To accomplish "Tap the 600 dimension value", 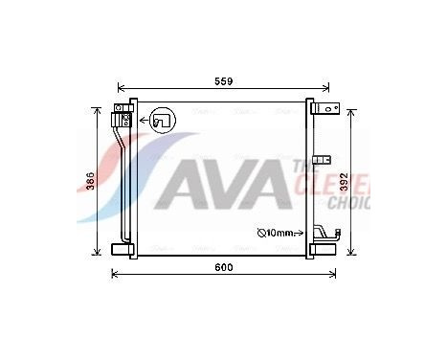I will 224,267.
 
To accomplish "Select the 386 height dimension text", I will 90,181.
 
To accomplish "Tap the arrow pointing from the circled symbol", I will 140,121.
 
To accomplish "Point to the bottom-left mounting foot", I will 122,249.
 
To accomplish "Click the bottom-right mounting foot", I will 324,250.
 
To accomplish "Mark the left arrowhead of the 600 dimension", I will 116,275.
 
